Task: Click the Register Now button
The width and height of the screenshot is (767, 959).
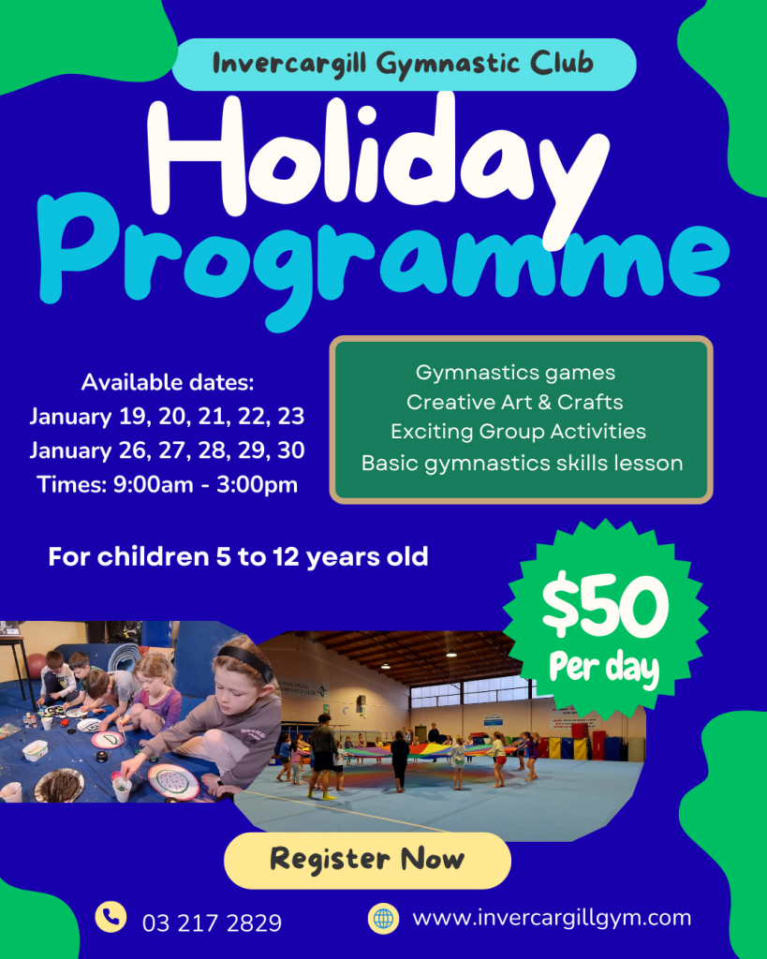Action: pyautogui.click(x=367, y=860)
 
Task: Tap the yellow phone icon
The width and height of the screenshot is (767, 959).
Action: pyautogui.click(x=111, y=917)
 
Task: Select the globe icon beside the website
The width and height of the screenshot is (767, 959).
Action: pyautogui.click(x=384, y=919)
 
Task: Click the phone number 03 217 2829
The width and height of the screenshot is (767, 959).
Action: pyautogui.click(x=213, y=922)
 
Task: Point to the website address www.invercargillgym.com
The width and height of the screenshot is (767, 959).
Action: pyautogui.click(x=553, y=919)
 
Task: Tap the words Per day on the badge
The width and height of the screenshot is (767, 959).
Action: pyautogui.click(x=604, y=668)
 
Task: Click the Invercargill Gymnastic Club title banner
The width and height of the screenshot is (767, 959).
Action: pyautogui.click(x=404, y=65)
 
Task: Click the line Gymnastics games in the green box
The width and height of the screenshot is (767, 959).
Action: pyautogui.click(x=516, y=373)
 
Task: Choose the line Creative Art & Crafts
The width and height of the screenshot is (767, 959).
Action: pyautogui.click(x=515, y=402)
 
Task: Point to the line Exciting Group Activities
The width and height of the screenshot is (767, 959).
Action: pyautogui.click(x=519, y=432)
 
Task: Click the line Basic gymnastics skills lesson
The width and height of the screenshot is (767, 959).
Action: pyautogui.click(x=523, y=464)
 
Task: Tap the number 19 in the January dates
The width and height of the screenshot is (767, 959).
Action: pyautogui.click(x=132, y=417)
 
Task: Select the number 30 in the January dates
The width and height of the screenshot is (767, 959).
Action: pyautogui.click(x=291, y=450)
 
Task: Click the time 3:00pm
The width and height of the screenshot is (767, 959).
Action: pyautogui.click(x=257, y=485)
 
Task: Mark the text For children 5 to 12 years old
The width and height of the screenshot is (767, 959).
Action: pyautogui.click(x=239, y=557)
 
